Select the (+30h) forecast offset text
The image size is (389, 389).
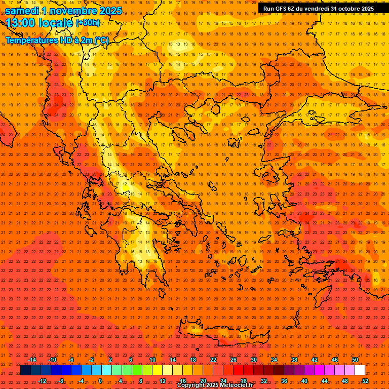pyautogui.click(x=88, y=23)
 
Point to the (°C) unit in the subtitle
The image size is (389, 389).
pyautogui.click(x=101, y=40)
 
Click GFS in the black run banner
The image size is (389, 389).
pyautogui.click(x=282, y=9)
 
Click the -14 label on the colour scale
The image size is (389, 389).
pyautogui.click(x=32, y=360)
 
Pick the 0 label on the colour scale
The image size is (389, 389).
pyautogui.click(x=100, y=381)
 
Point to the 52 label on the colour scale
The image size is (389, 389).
pyautogui.click(x=365, y=381)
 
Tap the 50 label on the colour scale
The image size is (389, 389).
pyautogui.click(x=355, y=360)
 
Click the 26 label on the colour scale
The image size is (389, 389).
pyautogui.click(x=233, y=360)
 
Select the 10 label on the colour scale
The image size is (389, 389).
pyautogui.click(x=152, y=360)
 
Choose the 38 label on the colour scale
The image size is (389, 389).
pyautogui.click(x=294, y=360)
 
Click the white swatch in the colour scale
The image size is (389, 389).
pyautogui.click(x=360, y=370)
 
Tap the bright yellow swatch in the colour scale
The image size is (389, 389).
pyautogui.click(x=157, y=370)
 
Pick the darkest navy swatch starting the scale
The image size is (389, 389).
pyautogui.click(x=25, y=370)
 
